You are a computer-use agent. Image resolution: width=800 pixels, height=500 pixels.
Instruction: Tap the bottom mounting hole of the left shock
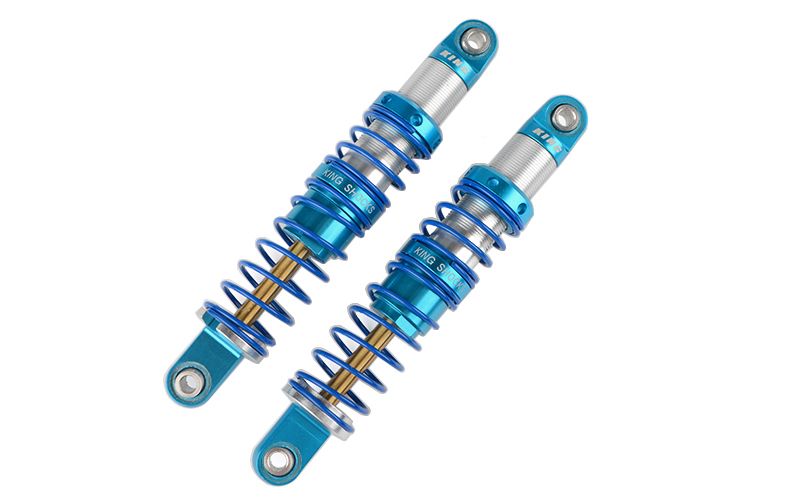(187, 381)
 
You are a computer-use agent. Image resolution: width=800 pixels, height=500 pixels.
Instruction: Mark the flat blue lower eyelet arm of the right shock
(301, 431)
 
